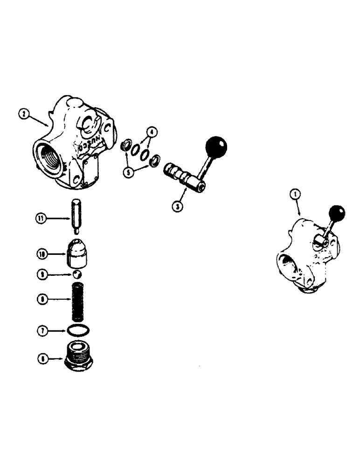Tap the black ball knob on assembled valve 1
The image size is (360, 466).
pyautogui.click(x=337, y=214)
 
